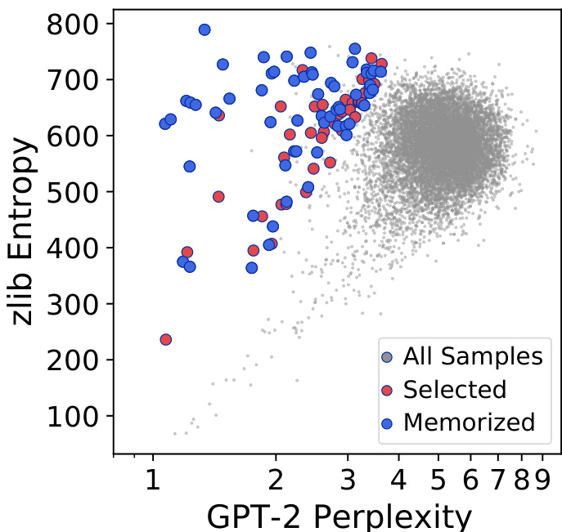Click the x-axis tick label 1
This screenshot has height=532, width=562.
coord(152,478)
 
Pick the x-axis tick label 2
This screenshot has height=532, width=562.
coord(277,478)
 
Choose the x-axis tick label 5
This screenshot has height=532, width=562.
coord(440,478)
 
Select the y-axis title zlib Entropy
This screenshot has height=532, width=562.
coord(25,230)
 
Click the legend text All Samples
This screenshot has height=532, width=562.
coord(473,357)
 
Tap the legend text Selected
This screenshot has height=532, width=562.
coord(455,389)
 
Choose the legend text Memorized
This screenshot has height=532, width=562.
coord(469,422)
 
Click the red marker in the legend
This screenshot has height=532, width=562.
coord(389,390)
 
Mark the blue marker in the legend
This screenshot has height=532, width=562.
coord(389,422)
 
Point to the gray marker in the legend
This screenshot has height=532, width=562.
coord(389,357)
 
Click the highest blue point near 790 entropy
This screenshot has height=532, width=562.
coord(205,29)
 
